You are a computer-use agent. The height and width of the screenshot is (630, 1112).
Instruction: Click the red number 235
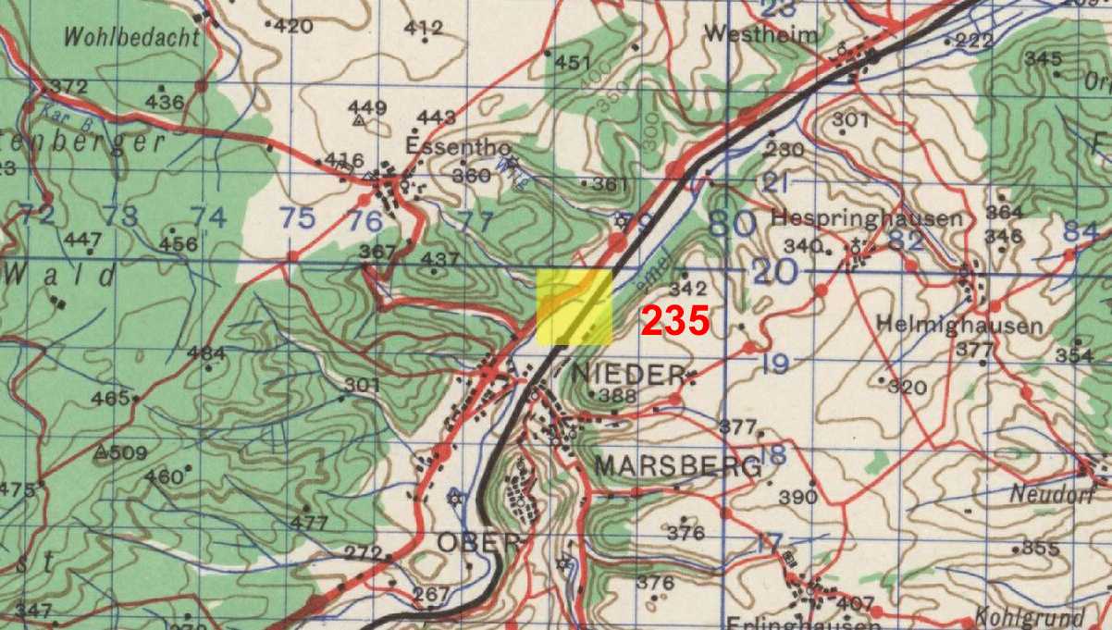(674, 321)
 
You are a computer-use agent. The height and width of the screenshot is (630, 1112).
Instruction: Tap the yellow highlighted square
(575, 308)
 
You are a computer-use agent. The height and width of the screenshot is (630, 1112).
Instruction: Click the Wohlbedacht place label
(131, 38)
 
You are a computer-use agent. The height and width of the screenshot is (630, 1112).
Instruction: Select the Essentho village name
(444, 145)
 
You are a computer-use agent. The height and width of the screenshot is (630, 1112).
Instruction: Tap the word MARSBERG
(678, 466)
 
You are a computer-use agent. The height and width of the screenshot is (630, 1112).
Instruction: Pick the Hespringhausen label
(866, 219)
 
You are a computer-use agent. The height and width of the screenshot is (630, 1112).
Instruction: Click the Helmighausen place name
(959, 326)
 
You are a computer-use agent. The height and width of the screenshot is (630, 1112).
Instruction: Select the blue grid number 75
(297, 218)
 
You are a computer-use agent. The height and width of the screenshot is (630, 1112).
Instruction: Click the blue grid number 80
(730, 222)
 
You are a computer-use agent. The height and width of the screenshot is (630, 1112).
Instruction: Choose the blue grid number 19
(775, 364)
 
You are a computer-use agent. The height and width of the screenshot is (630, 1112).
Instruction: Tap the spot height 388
(617, 397)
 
